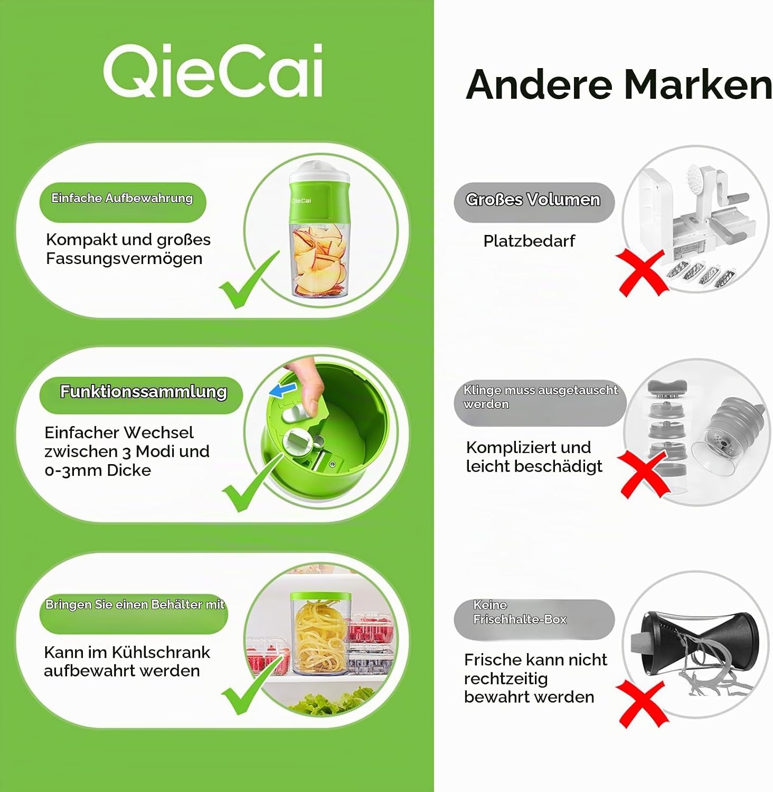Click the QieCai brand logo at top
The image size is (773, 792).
(x=213, y=71)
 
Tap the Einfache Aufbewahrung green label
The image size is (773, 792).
(x=122, y=202)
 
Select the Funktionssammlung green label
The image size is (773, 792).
(x=141, y=394)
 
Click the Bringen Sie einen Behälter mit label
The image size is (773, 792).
(x=134, y=612)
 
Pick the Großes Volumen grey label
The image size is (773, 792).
(x=534, y=202)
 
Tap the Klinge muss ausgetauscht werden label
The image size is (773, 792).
(x=540, y=402)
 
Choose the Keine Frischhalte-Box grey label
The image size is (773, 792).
(x=534, y=619)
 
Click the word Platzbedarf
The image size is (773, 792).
(x=529, y=241)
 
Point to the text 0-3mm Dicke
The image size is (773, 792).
(x=98, y=470)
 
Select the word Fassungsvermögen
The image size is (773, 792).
(x=124, y=259)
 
